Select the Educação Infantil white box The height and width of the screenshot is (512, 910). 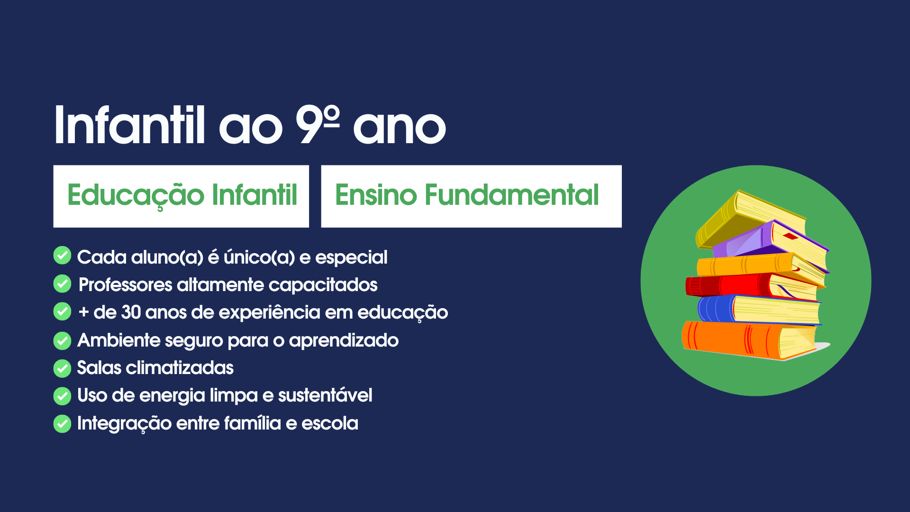point(181,196)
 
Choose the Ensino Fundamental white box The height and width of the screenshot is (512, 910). point(471,196)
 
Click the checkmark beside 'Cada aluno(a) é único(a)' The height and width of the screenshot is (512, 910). point(62,255)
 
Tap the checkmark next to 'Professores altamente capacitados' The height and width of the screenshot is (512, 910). point(62,283)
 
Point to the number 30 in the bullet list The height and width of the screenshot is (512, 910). point(131,312)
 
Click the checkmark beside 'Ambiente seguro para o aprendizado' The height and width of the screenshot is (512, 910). point(62,340)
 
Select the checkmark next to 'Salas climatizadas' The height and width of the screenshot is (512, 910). point(62,368)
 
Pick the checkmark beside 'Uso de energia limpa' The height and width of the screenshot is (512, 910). point(62,396)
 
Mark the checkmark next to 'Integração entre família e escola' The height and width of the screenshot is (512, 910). point(62,424)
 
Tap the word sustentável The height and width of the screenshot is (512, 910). point(325,395)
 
